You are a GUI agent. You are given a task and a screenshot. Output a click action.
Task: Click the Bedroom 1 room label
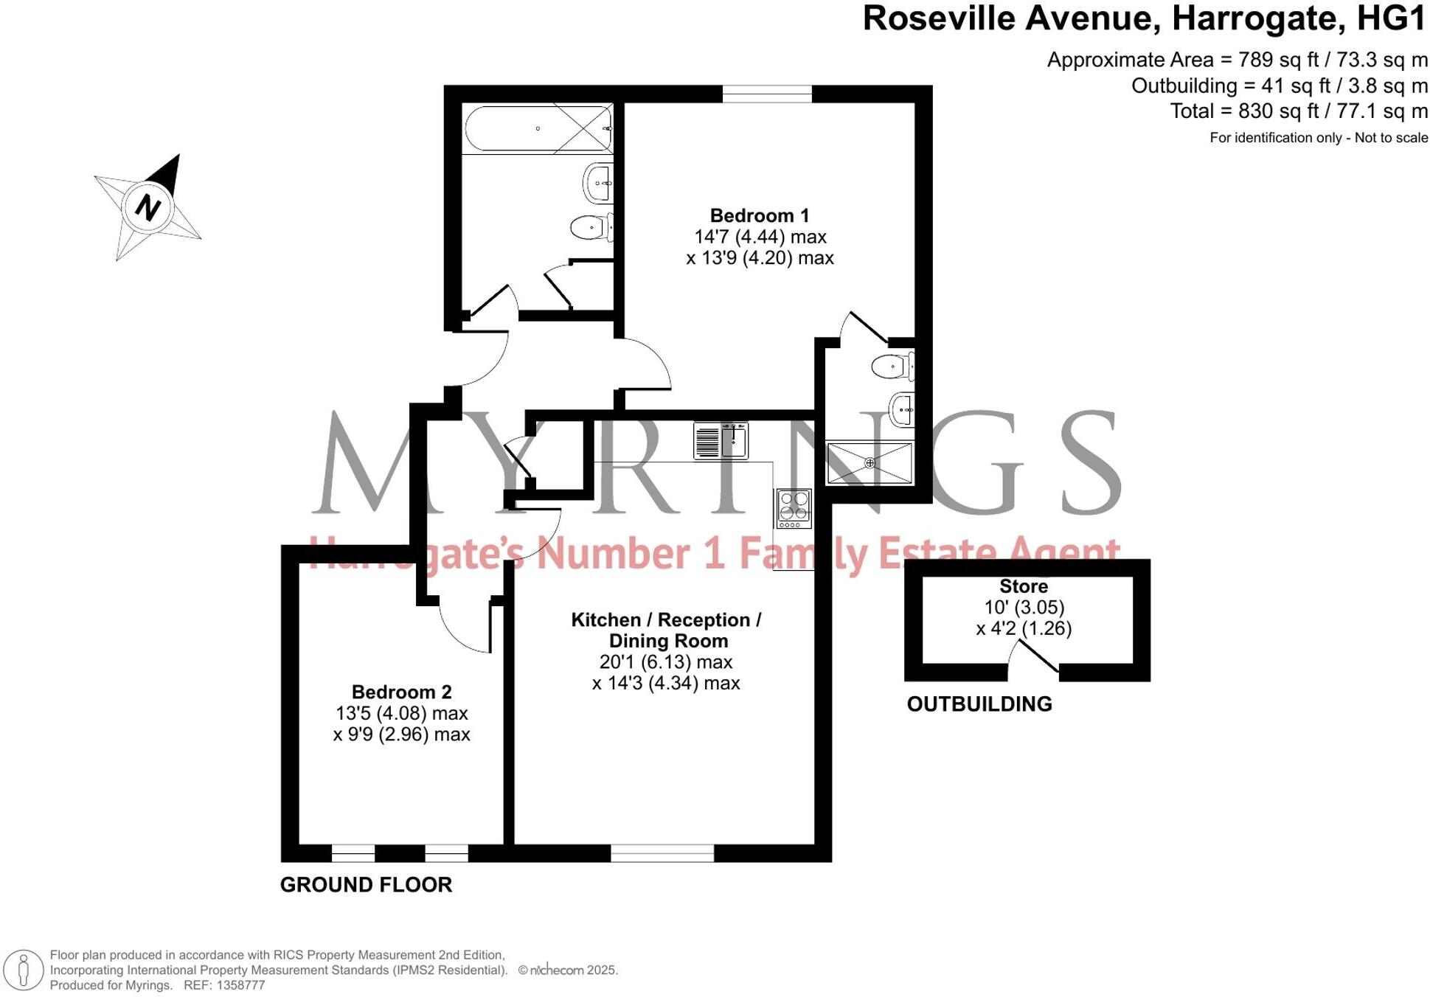(759, 215)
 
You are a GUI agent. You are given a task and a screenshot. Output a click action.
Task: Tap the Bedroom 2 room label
(401, 692)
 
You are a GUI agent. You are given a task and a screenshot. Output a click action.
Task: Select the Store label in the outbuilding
(1023, 586)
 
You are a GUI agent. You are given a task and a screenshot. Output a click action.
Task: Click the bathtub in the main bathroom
(538, 129)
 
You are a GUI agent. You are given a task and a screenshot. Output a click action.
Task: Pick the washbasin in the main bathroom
(598, 182)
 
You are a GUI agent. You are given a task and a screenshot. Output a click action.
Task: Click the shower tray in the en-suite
(870, 463)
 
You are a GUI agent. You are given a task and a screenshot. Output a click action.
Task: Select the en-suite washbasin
(903, 409)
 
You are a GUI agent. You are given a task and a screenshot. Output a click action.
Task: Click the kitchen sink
(721, 441)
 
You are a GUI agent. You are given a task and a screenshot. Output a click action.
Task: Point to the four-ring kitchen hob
(794, 508)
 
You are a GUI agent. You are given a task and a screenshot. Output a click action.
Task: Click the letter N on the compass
(148, 208)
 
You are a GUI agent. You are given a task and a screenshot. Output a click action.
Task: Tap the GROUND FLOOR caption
(366, 885)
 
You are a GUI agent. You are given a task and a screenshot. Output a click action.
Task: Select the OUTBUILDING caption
(979, 704)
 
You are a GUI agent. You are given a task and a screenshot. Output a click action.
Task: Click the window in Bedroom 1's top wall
(767, 94)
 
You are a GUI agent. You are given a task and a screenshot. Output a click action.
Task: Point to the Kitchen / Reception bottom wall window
(662, 853)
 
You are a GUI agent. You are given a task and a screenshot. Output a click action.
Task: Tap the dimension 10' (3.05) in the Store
(1024, 608)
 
